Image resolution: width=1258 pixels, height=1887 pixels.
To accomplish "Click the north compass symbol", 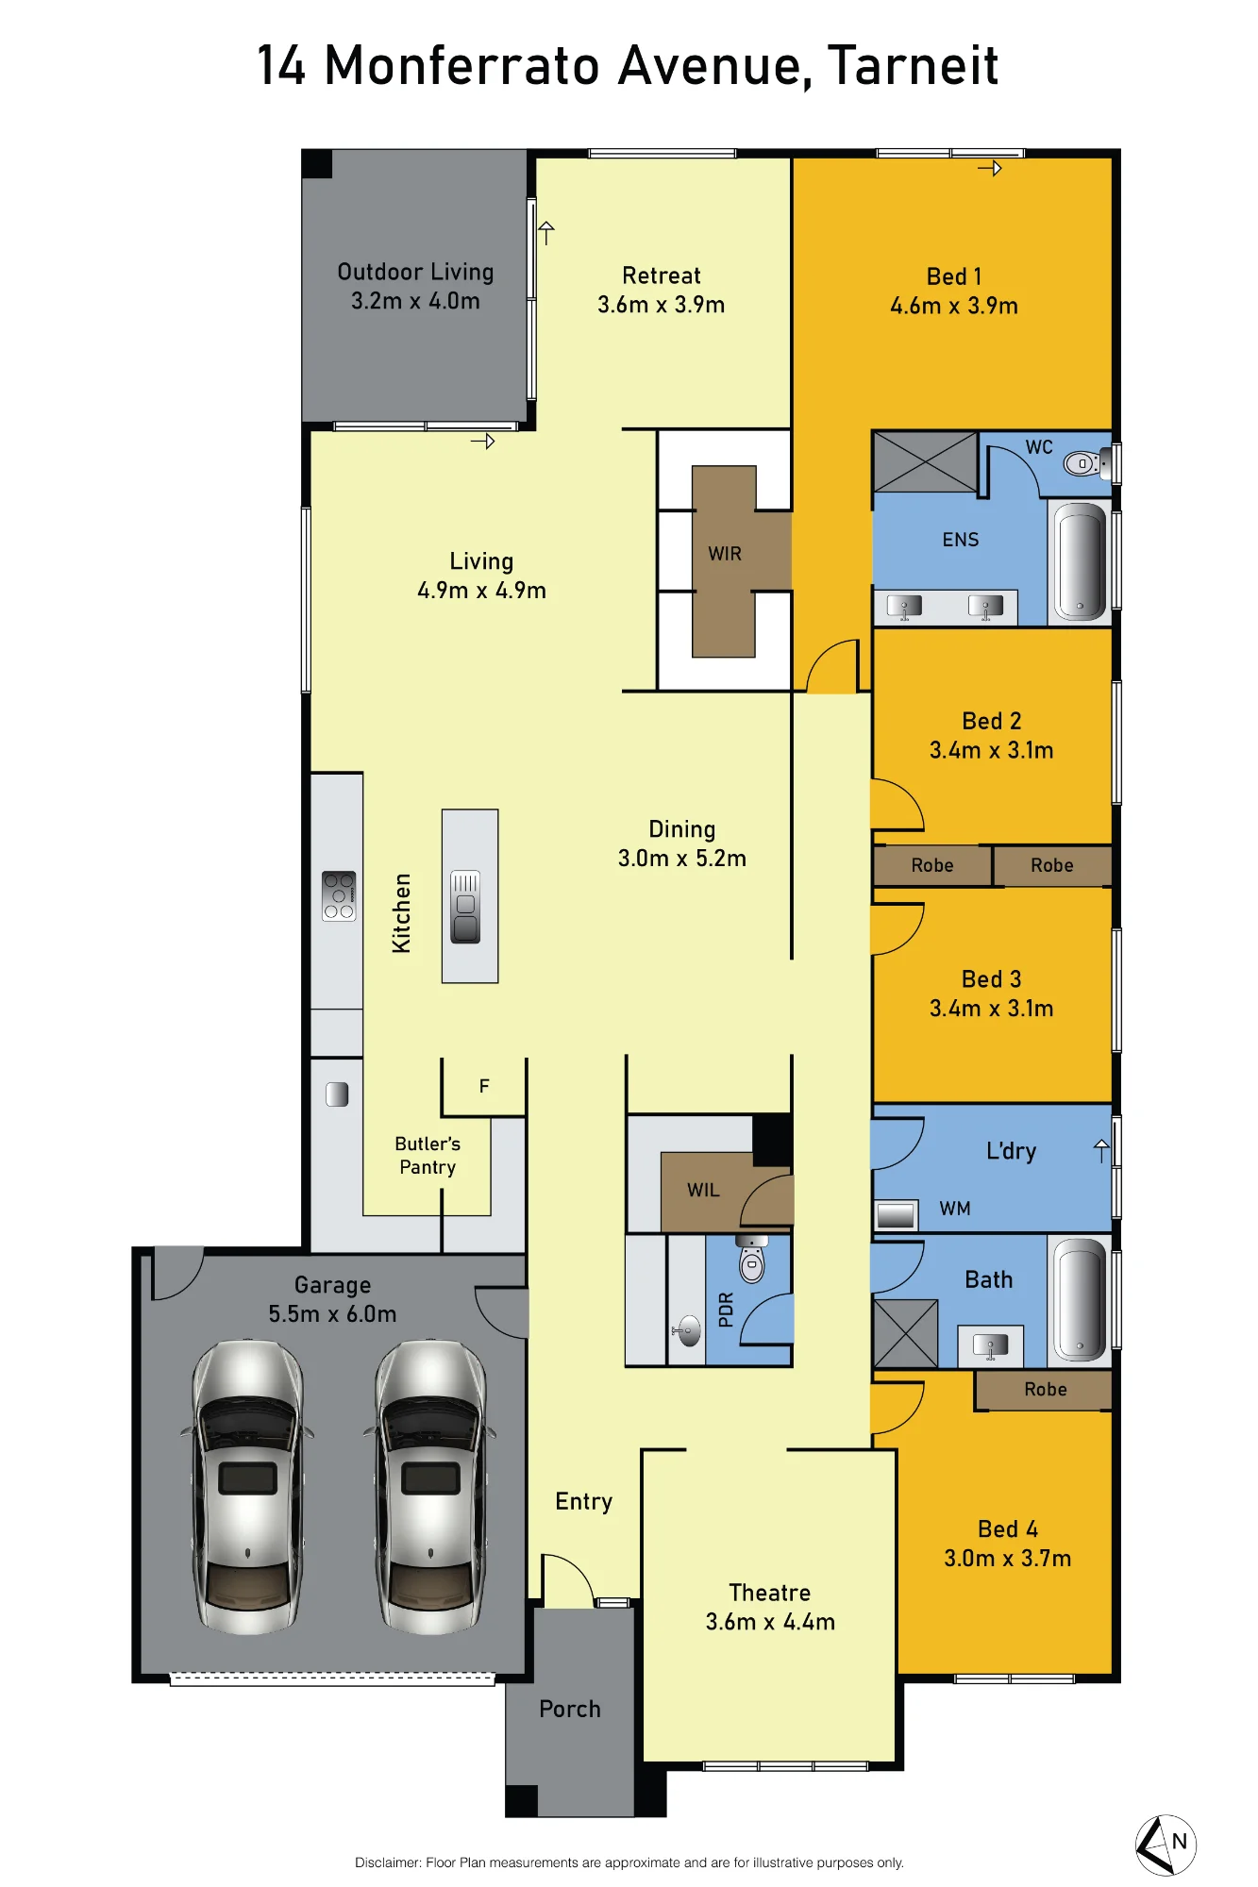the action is click(x=1166, y=1845).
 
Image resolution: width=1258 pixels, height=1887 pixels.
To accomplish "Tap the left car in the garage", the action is click(x=248, y=1485).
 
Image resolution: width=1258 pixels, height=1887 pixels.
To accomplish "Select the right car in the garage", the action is click(x=430, y=1485).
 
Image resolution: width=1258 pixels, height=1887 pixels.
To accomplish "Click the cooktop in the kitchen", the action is click(x=339, y=895).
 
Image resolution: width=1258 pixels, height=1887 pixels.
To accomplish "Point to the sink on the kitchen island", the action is click(x=465, y=908).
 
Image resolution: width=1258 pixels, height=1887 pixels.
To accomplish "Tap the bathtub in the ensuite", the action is click(x=1080, y=560).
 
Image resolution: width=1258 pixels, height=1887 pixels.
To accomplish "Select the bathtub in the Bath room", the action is click(x=1080, y=1298).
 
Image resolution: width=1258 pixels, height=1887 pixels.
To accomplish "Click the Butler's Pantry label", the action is click(x=428, y=1155).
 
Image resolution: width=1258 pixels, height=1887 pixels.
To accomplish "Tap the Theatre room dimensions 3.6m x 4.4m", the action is click(x=770, y=1622).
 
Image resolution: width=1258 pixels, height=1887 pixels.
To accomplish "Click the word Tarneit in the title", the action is click(x=913, y=65).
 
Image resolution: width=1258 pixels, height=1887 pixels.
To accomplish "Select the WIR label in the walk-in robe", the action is click(x=725, y=554).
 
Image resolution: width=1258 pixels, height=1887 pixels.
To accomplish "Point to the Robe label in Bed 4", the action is click(x=1046, y=1389).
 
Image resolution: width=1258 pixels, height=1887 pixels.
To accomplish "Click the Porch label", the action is click(x=570, y=1709).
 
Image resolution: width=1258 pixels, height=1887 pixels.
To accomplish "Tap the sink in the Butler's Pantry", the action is click(x=337, y=1094).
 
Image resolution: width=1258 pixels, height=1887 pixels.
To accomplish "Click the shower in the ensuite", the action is click(x=925, y=462).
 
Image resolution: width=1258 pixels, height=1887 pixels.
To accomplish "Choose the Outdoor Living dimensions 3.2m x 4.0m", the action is click(x=415, y=301).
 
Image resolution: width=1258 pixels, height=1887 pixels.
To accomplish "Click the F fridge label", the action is click(x=484, y=1086).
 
